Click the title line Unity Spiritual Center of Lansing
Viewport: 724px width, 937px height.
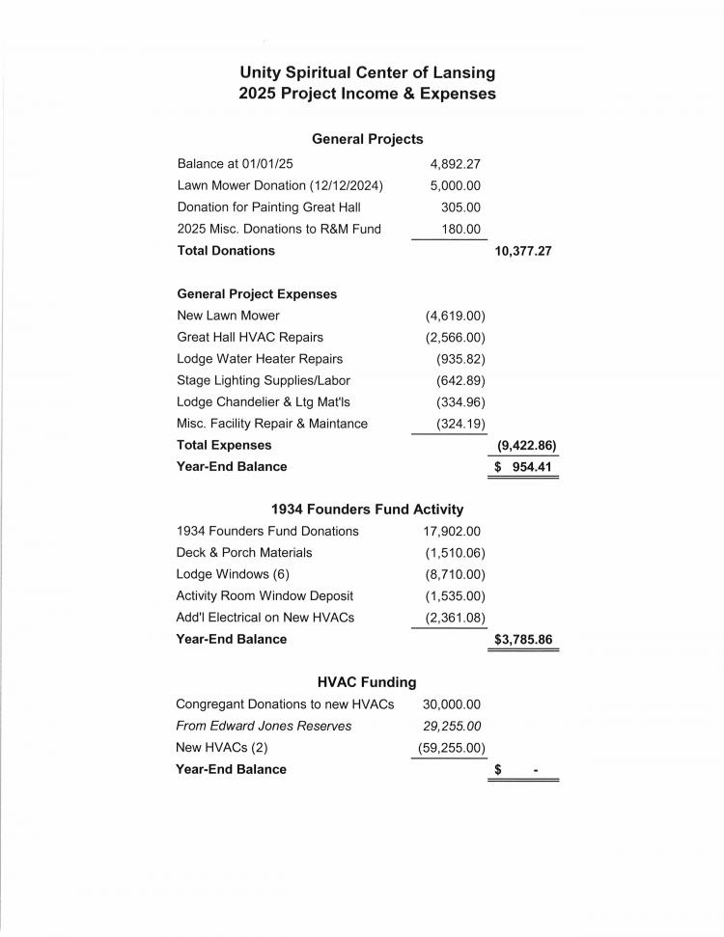367,72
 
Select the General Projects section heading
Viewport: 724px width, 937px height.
367,139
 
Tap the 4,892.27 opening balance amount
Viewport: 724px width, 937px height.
455,164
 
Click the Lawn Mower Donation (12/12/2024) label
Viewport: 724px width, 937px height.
280,185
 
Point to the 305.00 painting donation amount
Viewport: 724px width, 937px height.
460,207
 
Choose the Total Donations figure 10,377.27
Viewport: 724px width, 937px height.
522,251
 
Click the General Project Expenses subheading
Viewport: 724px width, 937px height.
257,294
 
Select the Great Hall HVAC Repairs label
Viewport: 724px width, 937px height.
250,337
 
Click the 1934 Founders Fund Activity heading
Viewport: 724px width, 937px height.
367,510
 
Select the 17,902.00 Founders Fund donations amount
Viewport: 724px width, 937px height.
452,531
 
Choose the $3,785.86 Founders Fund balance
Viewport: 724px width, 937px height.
523,639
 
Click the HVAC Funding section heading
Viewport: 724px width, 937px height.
367,682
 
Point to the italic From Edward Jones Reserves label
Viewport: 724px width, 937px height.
264,726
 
